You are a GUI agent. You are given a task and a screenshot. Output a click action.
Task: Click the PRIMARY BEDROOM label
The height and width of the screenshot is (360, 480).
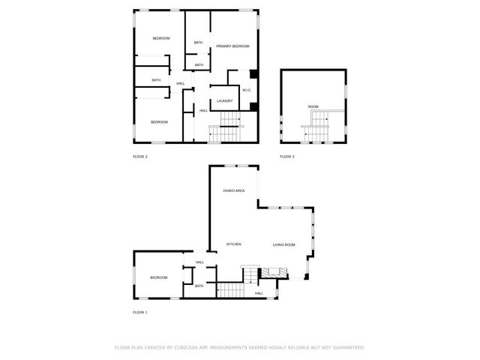[232, 46]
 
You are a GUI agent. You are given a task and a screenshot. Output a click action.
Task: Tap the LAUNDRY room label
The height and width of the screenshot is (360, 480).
[225, 101]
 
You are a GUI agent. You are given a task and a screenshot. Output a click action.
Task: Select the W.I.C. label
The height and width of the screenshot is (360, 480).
[247, 91]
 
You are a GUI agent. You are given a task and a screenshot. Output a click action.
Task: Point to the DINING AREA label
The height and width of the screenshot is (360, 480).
[234, 191]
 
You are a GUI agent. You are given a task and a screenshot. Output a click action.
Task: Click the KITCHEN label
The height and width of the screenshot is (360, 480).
[234, 245]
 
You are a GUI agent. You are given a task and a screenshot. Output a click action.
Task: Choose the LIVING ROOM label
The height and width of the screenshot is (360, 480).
[283, 245]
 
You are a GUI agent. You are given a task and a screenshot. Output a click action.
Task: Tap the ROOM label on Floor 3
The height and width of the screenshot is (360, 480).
[313, 107]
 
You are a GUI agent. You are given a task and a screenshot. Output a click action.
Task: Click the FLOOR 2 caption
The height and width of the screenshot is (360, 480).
[140, 157]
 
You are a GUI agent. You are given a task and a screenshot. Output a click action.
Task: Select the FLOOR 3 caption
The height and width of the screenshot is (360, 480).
[287, 157]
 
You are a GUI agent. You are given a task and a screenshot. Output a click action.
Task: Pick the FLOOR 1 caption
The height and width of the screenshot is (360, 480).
[140, 312]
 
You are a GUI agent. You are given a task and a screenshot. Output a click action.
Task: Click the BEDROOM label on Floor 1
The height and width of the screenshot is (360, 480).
[158, 278]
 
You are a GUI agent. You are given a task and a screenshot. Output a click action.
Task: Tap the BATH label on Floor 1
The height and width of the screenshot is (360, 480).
[199, 286]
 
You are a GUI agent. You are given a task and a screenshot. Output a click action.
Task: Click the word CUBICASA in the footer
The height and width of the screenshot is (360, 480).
[187, 348]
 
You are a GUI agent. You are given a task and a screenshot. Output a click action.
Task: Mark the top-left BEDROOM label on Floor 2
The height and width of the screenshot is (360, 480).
[161, 38]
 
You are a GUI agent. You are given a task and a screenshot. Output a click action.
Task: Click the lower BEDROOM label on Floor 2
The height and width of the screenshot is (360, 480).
[159, 122]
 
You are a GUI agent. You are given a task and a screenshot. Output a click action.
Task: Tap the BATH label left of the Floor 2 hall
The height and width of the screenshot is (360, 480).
[156, 80]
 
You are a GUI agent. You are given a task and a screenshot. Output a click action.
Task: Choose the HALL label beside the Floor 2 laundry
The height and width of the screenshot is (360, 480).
[203, 111]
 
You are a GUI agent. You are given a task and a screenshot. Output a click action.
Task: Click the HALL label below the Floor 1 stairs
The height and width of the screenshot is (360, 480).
[259, 293]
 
